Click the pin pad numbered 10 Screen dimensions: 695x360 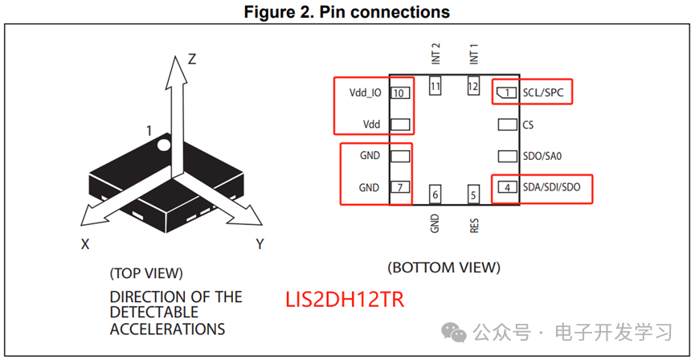400,93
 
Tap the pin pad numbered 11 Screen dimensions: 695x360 435,86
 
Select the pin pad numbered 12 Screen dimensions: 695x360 473,86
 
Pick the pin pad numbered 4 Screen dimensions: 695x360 508,187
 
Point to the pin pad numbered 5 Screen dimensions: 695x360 473,194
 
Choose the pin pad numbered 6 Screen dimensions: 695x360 435,194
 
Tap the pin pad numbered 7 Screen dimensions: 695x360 400,187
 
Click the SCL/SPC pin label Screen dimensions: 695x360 542,92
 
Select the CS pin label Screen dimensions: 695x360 528,125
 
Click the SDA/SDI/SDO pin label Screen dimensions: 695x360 551,187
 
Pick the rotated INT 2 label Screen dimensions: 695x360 435,54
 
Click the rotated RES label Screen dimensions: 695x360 474,225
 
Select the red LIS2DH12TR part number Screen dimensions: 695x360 345,301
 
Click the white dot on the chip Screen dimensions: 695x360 164,144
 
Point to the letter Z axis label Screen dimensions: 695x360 191,59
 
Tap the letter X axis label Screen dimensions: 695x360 85,243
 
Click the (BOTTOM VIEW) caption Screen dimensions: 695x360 444,268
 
